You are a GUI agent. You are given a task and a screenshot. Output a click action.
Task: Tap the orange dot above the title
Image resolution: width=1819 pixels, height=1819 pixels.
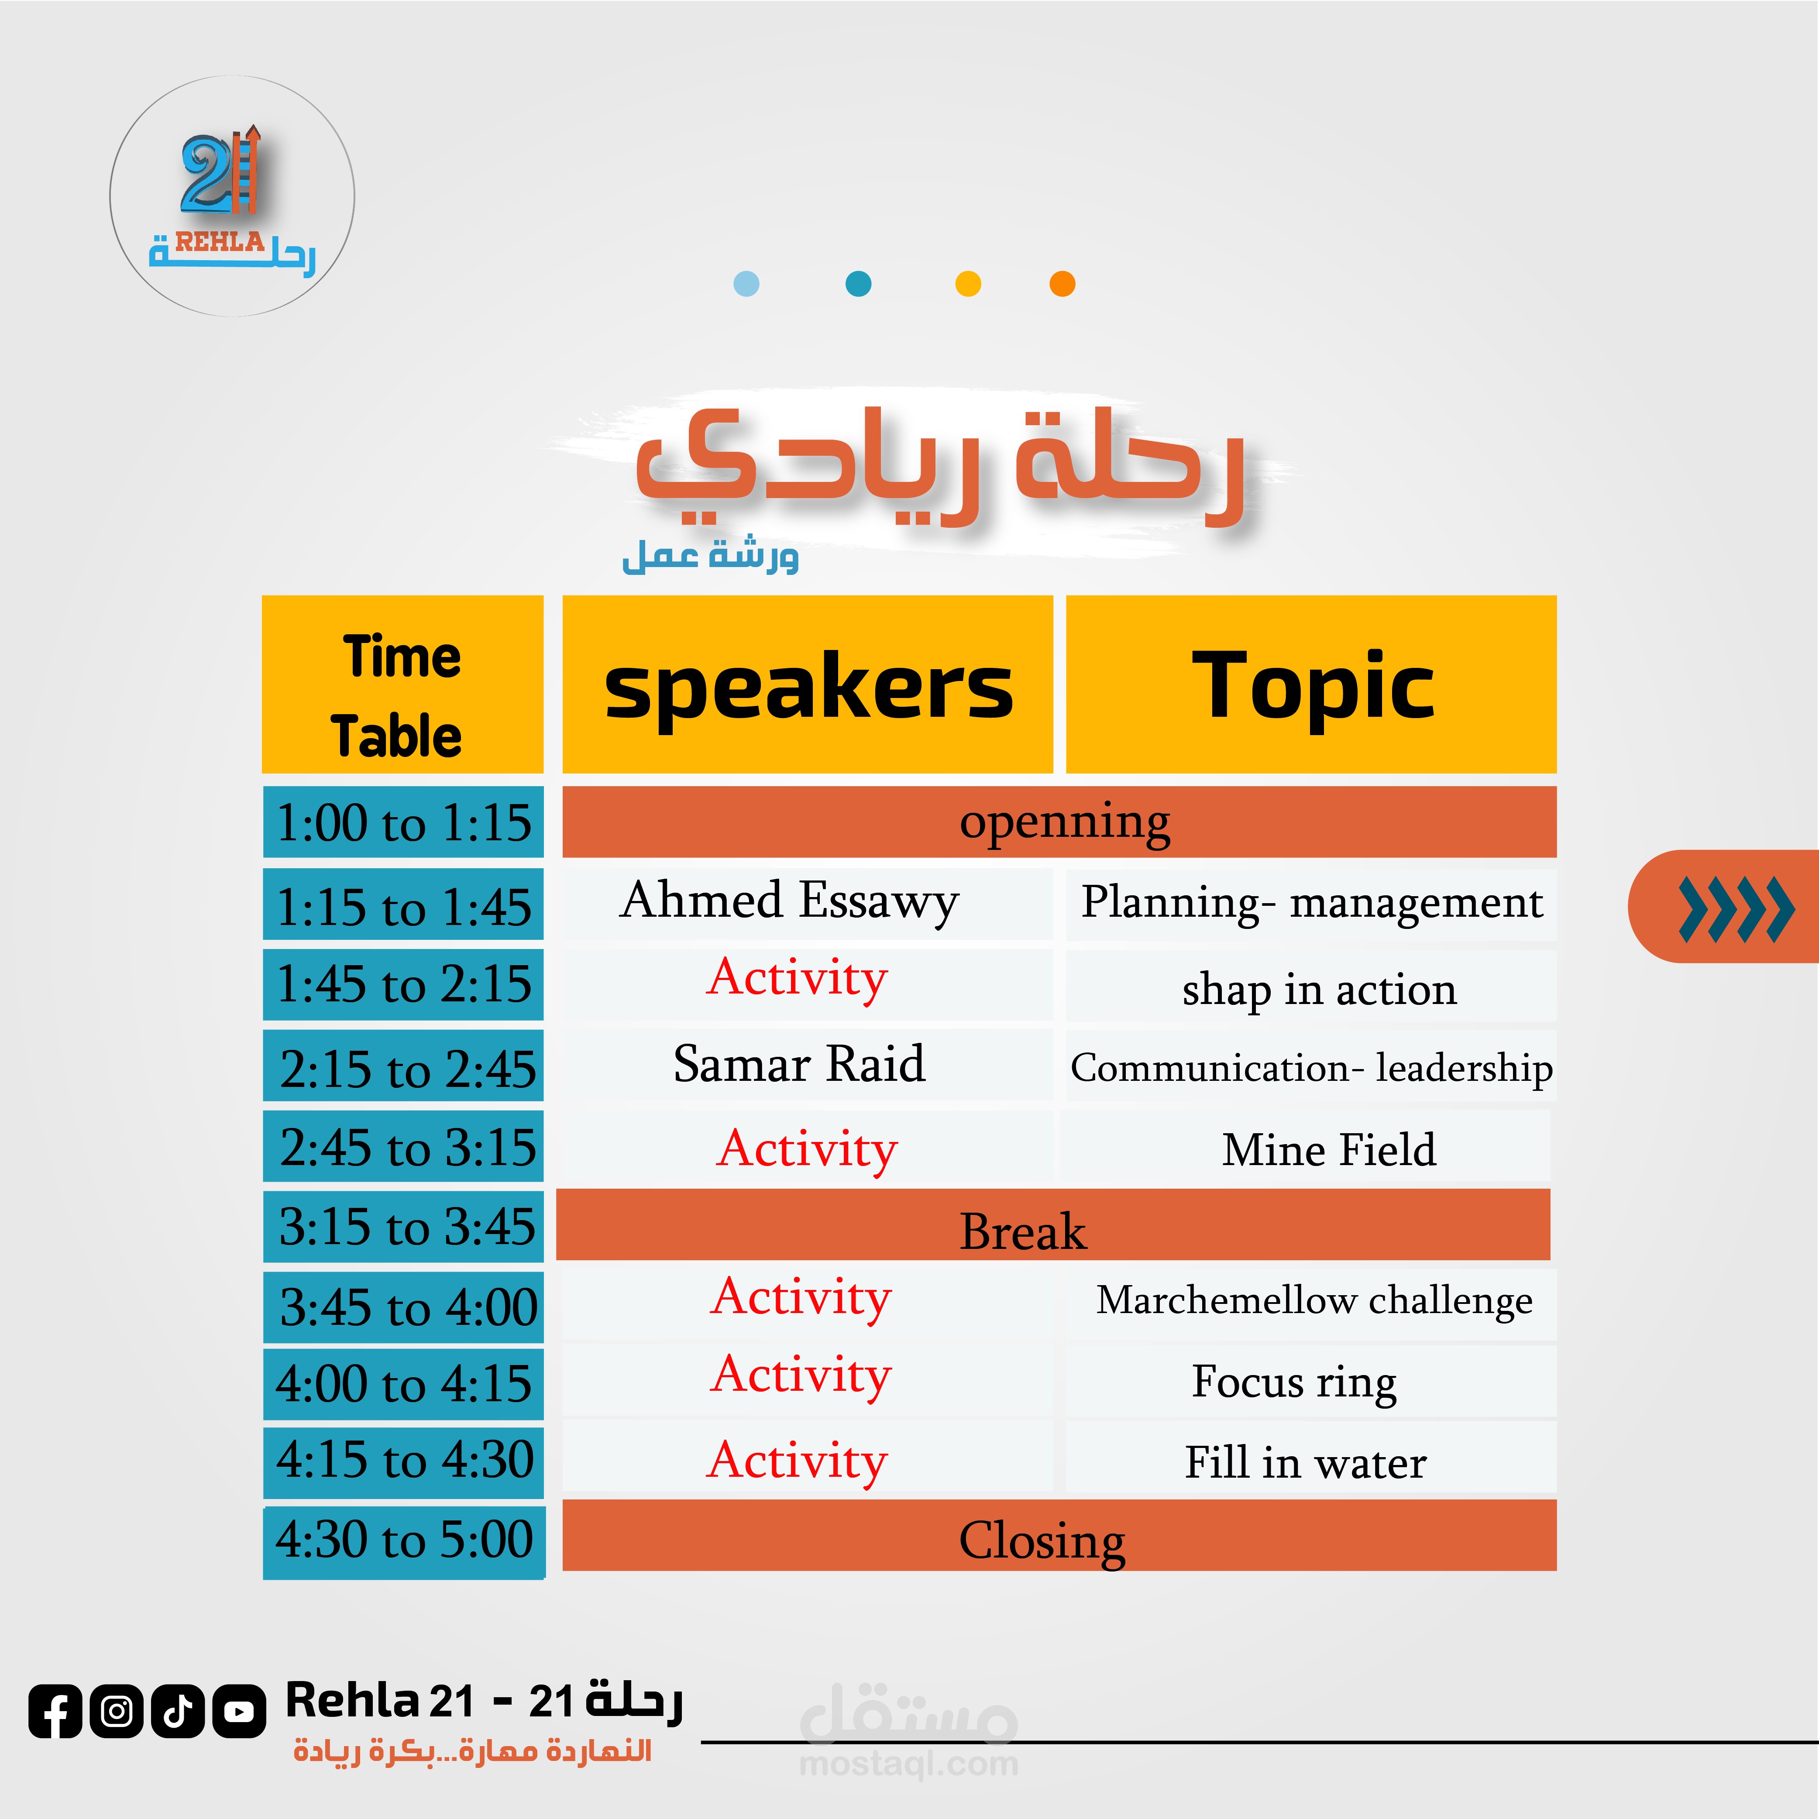coord(1062,283)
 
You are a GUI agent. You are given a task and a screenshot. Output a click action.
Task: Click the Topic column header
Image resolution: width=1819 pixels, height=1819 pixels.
coord(1310,684)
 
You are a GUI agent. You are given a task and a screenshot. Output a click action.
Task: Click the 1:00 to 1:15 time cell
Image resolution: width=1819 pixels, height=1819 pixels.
coord(403,822)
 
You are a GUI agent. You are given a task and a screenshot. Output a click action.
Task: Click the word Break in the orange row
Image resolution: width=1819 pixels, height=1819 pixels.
coord(1022,1231)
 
